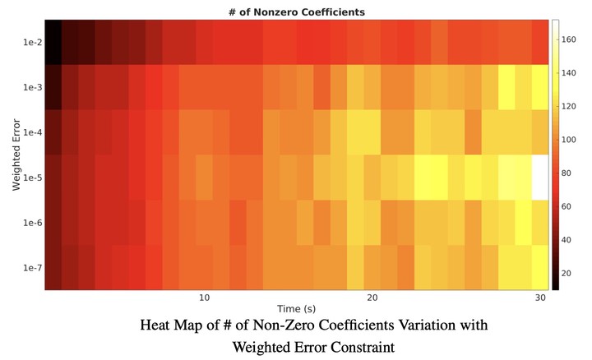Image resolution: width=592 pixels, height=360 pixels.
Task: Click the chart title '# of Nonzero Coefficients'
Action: tap(296, 12)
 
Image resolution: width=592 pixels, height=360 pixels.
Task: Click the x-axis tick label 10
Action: tap(204, 298)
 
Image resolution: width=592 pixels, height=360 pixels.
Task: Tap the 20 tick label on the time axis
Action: tap(372, 298)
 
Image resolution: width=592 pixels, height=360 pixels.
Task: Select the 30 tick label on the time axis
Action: tap(539, 298)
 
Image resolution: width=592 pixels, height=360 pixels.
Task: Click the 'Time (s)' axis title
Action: tap(296, 309)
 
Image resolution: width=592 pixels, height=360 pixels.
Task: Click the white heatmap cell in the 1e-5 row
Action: tap(540, 176)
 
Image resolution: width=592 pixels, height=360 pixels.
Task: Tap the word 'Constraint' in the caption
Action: tap(360, 347)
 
